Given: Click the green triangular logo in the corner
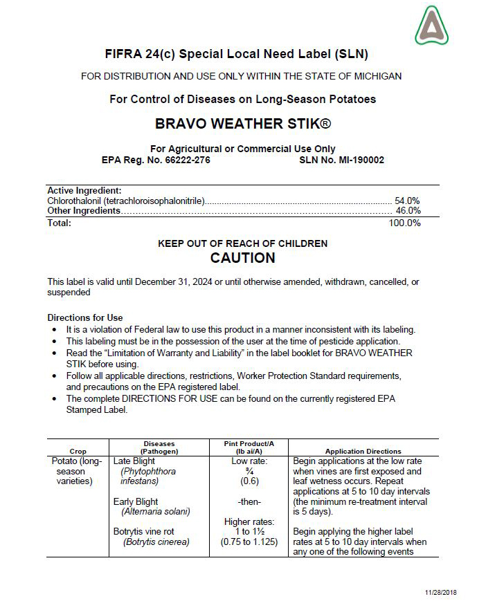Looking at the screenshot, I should [431, 26].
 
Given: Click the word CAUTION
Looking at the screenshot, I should [242, 258].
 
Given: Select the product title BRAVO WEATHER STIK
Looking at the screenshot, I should [242, 124].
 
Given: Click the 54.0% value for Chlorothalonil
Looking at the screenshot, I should [407, 201].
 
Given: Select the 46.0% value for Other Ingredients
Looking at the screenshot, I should [407, 210].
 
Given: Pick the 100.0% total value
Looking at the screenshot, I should [404, 223].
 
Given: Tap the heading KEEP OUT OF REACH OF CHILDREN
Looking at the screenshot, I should [242, 243].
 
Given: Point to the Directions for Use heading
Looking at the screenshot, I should [85, 317].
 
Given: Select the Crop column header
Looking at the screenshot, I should [78, 451].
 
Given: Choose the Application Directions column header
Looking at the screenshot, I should [363, 451].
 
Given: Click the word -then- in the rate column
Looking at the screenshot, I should [249, 501].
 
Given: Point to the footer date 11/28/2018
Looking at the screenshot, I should [442, 593].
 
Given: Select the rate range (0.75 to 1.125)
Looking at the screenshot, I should [249, 542].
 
